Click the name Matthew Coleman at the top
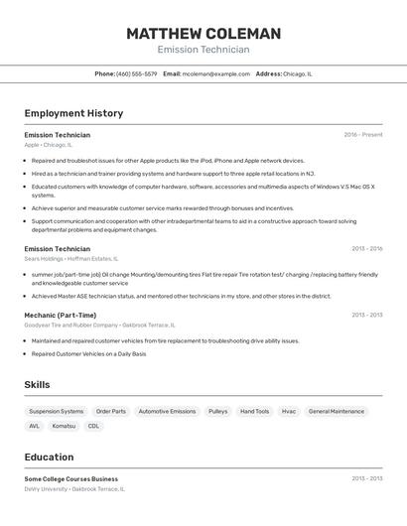(x=203, y=34)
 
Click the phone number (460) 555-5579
(x=136, y=73)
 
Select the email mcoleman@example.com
(x=215, y=73)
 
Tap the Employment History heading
(x=73, y=113)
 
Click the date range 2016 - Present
(x=362, y=135)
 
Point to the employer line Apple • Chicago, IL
(x=49, y=145)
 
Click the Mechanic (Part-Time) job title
(x=61, y=315)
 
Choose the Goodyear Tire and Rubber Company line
(x=99, y=325)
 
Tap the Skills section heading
(x=37, y=385)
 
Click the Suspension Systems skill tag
(x=57, y=411)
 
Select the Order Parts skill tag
(x=111, y=411)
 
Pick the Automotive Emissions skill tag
(x=167, y=411)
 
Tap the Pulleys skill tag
(x=217, y=411)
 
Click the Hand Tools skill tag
(x=254, y=411)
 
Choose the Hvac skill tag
(x=289, y=411)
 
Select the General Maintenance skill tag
(x=337, y=411)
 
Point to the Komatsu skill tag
(x=64, y=426)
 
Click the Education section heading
(x=49, y=458)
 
